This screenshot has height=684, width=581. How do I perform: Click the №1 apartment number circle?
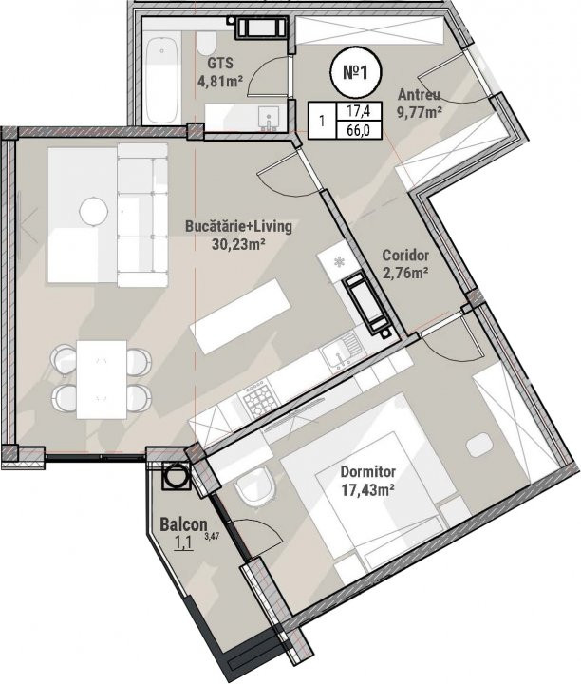(355, 73)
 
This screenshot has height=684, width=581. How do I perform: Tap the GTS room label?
(220, 64)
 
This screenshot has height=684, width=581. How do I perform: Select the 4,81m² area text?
(220, 81)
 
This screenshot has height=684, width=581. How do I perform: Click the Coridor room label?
(405, 256)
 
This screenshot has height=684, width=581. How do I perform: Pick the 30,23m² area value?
(238, 244)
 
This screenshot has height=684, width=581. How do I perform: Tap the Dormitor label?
(367, 472)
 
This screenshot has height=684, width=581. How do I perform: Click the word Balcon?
(183, 524)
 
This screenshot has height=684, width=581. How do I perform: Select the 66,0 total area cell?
(358, 130)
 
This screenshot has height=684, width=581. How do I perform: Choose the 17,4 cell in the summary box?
(358, 111)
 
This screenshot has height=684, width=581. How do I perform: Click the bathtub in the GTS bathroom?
(162, 81)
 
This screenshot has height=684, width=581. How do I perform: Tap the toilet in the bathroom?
(206, 43)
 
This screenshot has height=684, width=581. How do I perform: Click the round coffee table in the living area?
(94, 212)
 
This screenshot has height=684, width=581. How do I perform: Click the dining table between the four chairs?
(102, 380)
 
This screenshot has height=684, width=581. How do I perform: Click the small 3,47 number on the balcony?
(211, 536)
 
